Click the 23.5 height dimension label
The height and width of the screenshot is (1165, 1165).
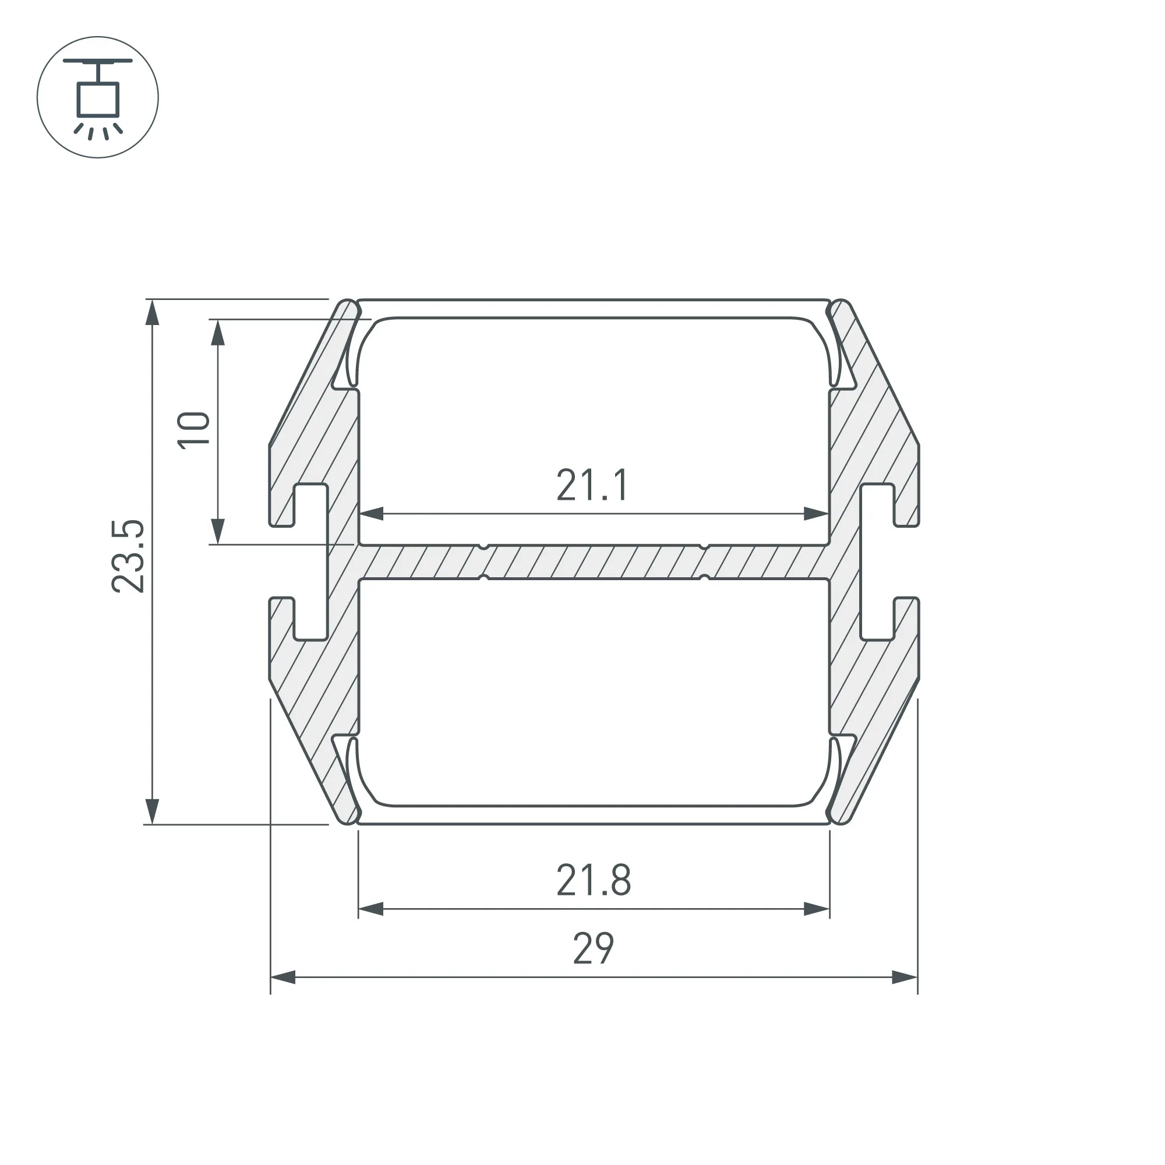click(128, 556)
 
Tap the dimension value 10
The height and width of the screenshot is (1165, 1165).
click(193, 430)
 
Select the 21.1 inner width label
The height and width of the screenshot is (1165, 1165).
click(593, 485)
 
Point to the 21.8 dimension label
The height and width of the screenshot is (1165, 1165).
click(594, 880)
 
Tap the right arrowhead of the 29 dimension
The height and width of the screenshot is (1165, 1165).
click(905, 977)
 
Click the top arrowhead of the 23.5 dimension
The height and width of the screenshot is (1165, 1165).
click(153, 312)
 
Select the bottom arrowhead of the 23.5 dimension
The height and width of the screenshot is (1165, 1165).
click(153, 811)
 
